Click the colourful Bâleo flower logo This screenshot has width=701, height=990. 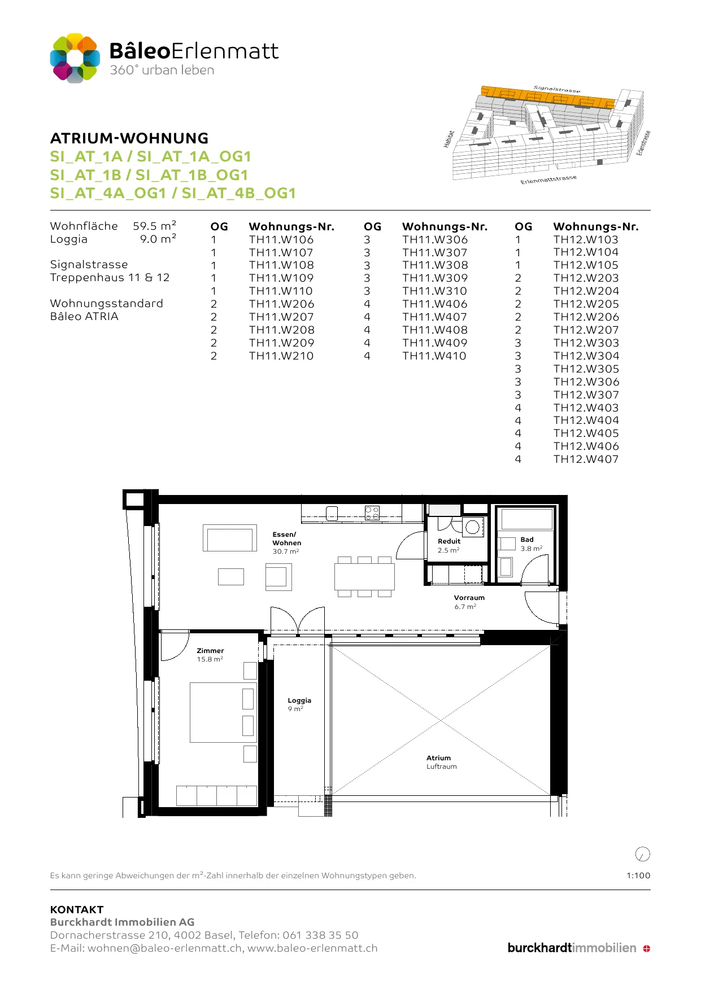coord(75,58)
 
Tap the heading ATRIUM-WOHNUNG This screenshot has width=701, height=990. coord(129,138)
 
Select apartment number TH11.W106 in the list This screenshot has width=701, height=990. coord(281,239)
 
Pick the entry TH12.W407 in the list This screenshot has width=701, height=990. coord(586,459)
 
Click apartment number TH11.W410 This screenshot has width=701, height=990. coord(434,356)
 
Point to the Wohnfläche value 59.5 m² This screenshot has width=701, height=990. coord(155,226)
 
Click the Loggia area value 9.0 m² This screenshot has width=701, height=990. coord(158,239)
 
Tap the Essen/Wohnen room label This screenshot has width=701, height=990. coord(286,542)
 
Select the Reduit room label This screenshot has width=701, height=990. coord(449,545)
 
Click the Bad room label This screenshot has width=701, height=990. coord(531,544)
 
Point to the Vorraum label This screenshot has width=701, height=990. coord(469,602)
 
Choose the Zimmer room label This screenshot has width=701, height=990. coord(210,655)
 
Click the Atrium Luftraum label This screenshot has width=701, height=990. coord(441,762)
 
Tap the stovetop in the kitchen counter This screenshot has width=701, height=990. coord(372,513)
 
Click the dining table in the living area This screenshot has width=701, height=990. coord(364,576)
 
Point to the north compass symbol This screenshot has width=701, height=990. coord(643,854)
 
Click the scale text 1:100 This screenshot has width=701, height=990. coord(638,875)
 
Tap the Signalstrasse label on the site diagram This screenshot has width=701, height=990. coord(557,89)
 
